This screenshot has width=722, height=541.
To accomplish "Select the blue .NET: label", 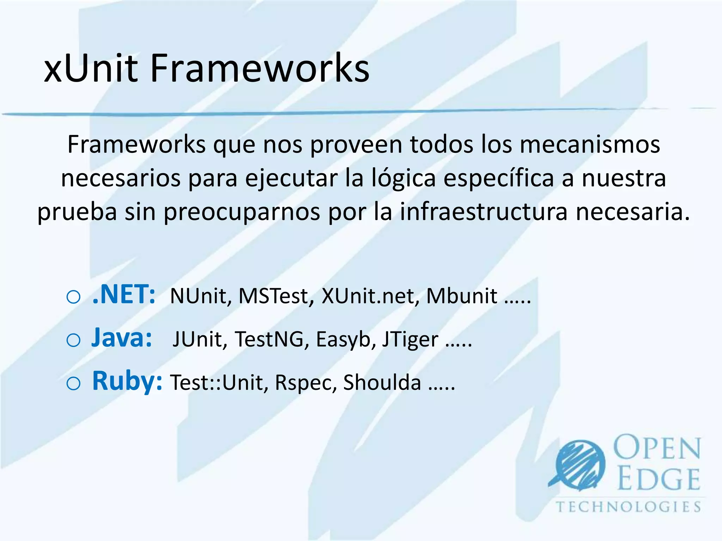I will coord(124,294).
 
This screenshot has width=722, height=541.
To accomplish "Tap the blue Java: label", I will coord(122,338).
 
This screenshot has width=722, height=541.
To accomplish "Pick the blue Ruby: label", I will coord(127,381).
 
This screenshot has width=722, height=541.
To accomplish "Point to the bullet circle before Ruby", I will coord(73,384).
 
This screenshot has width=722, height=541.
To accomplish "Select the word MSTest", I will coord(276,296).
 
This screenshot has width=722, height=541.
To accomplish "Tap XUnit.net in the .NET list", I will coord(370,296).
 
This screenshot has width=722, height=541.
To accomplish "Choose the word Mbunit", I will coord(461,296).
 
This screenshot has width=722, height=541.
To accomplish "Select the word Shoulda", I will coord(382,383).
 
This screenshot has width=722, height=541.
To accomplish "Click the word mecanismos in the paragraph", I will coord(590,144).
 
